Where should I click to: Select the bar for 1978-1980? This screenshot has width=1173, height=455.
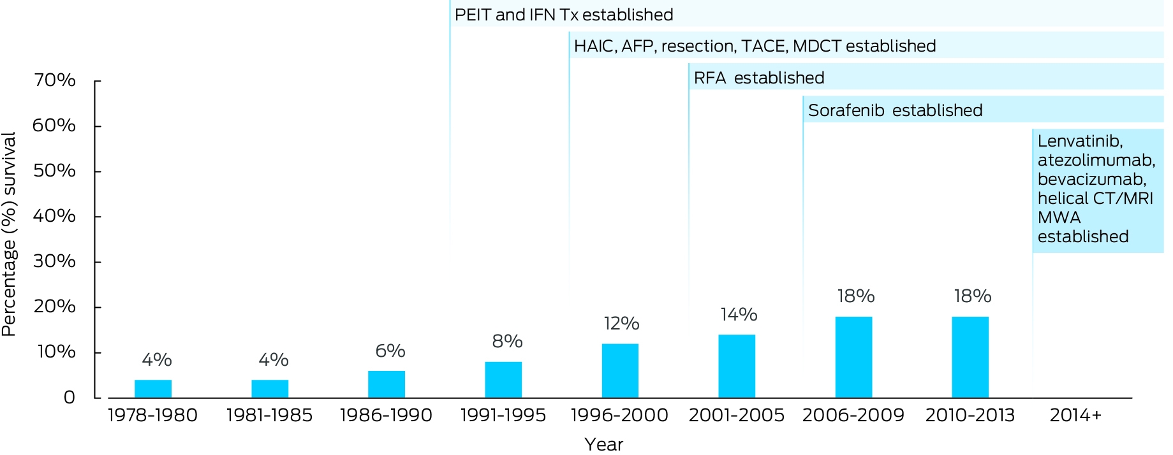click(x=153, y=389)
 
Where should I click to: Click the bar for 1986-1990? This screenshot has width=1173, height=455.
click(x=387, y=384)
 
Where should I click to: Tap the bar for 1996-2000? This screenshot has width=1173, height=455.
click(x=620, y=371)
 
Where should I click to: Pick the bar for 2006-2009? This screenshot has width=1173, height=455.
click(x=853, y=357)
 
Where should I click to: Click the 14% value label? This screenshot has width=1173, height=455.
click(x=739, y=314)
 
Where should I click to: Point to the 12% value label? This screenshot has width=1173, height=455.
click(x=621, y=323)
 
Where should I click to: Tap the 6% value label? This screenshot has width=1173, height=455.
click(x=390, y=350)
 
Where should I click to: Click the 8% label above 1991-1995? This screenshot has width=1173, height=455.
click(x=507, y=342)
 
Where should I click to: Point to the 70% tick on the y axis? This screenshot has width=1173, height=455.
click(x=54, y=80)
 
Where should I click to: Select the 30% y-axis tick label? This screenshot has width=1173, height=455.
click(x=54, y=261)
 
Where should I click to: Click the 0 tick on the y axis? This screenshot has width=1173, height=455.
click(x=69, y=398)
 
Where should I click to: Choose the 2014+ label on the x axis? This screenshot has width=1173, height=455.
click(x=1075, y=415)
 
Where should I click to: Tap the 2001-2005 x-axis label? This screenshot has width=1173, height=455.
click(x=737, y=415)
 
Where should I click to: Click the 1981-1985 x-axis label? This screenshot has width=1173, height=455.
click(x=269, y=415)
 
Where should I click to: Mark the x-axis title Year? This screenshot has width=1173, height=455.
click(x=603, y=444)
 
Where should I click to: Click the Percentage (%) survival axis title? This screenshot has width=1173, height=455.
click(x=9, y=235)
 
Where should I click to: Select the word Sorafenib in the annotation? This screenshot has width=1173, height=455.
click(x=846, y=110)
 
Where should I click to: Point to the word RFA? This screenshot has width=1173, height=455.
click(x=710, y=78)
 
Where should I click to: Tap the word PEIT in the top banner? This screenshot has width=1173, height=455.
click(x=473, y=15)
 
